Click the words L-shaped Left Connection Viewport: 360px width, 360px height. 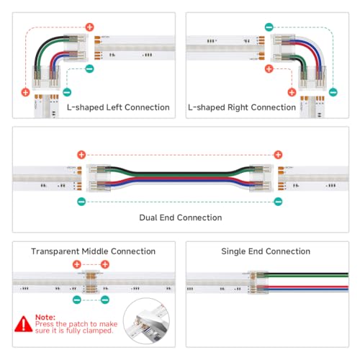(x=118, y=107)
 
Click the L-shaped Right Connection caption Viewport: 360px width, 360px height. (x=242, y=107)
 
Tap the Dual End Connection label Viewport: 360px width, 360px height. (x=180, y=217)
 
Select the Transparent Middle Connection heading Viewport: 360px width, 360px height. (x=93, y=251)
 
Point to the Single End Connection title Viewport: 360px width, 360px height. (x=266, y=251)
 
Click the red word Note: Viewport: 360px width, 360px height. (x=46, y=315)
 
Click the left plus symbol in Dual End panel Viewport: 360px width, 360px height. (x=81, y=155)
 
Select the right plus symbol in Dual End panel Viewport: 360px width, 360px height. (x=278, y=155)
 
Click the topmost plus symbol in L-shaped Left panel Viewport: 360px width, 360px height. (x=90, y=27)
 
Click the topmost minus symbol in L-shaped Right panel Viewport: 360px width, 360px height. (x=269, y=27)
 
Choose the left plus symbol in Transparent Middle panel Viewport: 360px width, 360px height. (x=77, y=265)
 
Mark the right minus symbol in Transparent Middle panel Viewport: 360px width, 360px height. (x=105, y=299)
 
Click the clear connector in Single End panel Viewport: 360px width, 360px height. (x=260, y=282)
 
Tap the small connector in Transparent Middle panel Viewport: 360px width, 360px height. (x=91, y=282)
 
